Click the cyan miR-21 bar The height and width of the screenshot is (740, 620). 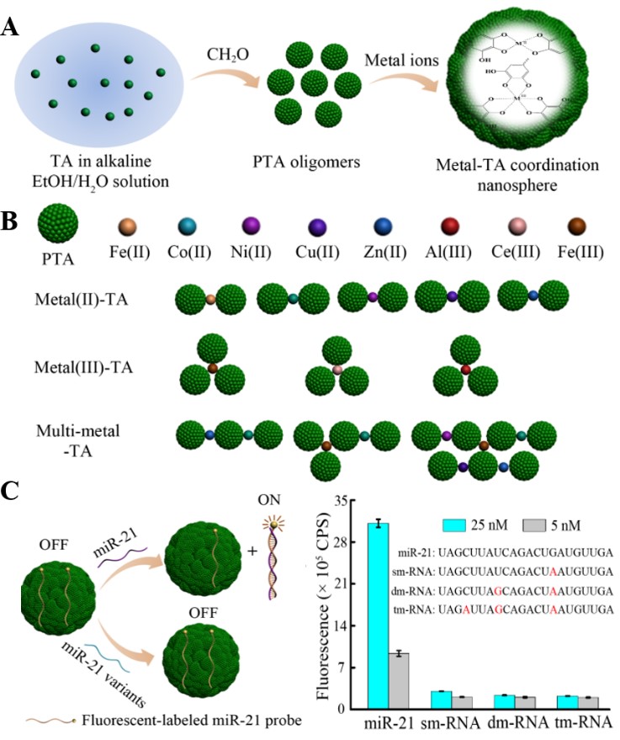[x=378, y=615]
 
